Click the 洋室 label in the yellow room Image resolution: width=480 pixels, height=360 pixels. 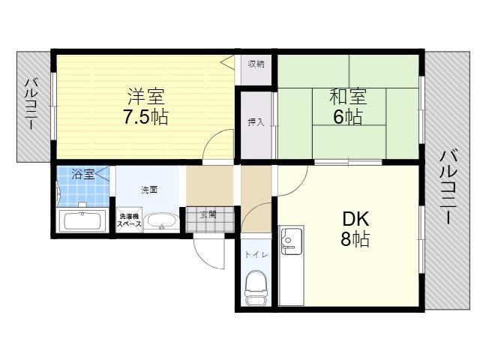[x=146, y=97]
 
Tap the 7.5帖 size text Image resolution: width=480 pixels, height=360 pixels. [x=145, y=117]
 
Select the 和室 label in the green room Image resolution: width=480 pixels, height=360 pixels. [x=348, y=97]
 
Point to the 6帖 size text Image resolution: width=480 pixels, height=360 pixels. [x=348, y=117]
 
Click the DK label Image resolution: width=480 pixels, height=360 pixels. [x=355, y=218]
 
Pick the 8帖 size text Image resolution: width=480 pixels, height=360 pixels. [x=355, y=238]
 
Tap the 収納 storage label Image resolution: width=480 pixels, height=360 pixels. [x=256, y=64]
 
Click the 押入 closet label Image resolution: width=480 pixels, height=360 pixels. [x=256, y=122]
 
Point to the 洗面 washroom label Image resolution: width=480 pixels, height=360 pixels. [x=149, y=190]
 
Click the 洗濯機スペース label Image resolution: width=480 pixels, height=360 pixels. [x=129, y=220]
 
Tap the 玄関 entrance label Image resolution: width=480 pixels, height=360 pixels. [x=208, y=214]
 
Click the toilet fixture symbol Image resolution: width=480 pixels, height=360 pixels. [x=256, y=288]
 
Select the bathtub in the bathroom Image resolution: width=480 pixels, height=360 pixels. [x=82, y=221]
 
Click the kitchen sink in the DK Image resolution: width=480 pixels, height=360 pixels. [x=292, y=240]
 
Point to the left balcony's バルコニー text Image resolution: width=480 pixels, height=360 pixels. [x=31, y=104]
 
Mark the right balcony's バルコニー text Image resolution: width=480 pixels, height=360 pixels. [x=448, y=187]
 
